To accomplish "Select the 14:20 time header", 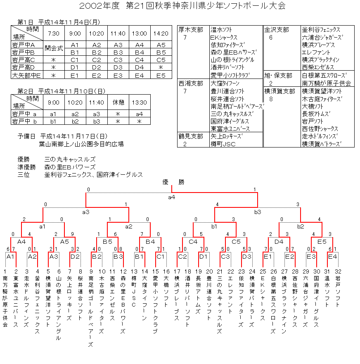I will [161, 33].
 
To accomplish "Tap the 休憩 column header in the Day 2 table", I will [118, 102].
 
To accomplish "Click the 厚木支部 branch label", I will [191, 30].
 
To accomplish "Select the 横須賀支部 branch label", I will [280, 91].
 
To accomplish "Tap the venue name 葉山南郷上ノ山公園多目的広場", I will [81, 144].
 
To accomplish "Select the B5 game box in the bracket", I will [107, 241].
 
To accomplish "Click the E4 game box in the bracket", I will [333, 257].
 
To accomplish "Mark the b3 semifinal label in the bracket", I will [257, 212].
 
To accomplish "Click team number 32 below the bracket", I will [338, 271].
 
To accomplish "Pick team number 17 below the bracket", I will [177, 271].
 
